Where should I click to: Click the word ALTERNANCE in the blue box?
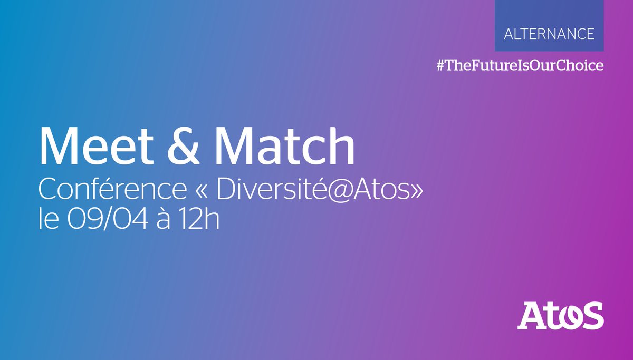549,34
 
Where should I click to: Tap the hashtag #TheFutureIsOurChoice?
520,65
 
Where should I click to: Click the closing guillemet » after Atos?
415,191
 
